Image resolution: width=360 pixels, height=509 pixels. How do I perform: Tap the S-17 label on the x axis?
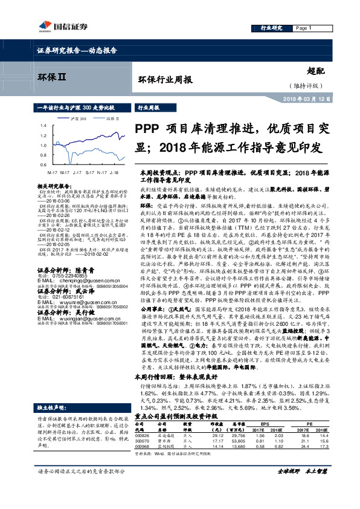pos(89,172)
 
